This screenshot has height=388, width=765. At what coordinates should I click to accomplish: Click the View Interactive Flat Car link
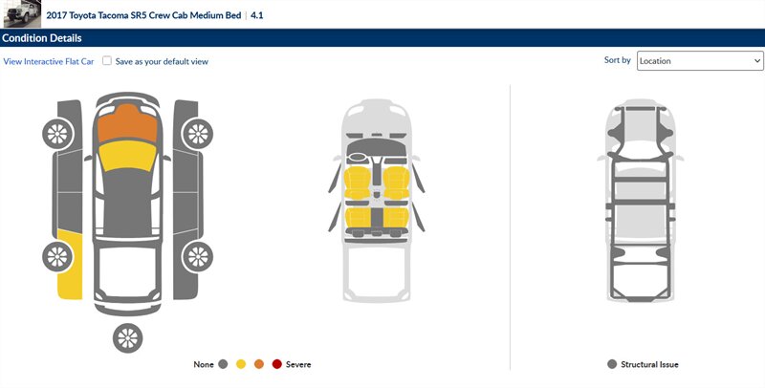tap(49, 61)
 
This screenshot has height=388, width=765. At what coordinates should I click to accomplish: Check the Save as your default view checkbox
tap(107, 61)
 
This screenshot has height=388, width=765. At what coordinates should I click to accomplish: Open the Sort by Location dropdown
tap(700, 61)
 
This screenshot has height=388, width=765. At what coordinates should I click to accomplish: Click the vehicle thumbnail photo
tap(22, 13)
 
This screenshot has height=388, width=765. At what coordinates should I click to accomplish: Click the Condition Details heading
tap(42, 38)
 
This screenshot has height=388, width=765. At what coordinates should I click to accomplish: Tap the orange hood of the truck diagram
tap(127, 122)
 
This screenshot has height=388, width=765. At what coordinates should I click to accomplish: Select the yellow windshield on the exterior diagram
tap(127, 156)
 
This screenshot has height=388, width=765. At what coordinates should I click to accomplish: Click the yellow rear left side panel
tap(70, 264)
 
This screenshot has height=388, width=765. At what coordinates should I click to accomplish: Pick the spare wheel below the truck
tap(128, 337)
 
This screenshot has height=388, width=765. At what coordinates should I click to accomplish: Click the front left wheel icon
tap(57, 134)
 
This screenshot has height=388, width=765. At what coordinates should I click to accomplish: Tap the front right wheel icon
tap(198, 134)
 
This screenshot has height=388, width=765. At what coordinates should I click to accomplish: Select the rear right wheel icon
tap(198, 257)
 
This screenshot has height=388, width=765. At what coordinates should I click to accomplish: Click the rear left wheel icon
tap(57, 257)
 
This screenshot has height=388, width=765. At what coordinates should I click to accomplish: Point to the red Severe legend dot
tap(277, 364)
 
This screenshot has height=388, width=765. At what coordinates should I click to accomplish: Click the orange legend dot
tap(259, 364)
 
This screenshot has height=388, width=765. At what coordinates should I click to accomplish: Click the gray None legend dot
tap(223, 364)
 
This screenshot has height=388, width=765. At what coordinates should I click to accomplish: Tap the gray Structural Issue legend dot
tap(612, 364)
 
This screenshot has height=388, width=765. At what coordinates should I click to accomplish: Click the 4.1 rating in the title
tap(256, 15)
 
